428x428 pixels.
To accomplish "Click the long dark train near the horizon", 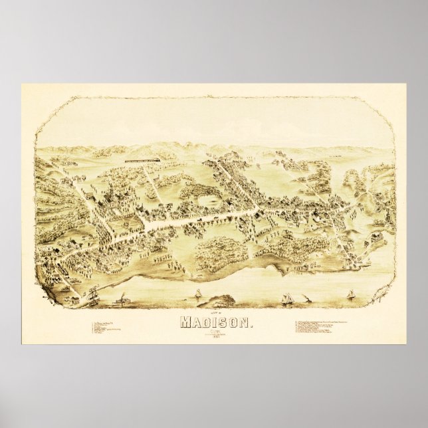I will tap(142, 160).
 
